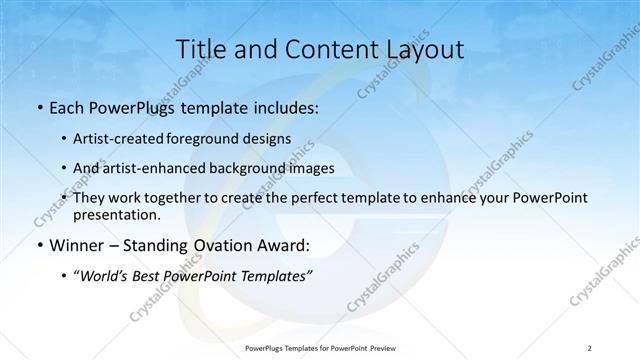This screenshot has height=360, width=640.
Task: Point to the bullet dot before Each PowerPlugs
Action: [38, 107]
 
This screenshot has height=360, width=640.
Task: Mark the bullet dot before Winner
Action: [38, 245]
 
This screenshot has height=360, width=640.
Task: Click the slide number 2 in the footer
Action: [590, 347]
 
